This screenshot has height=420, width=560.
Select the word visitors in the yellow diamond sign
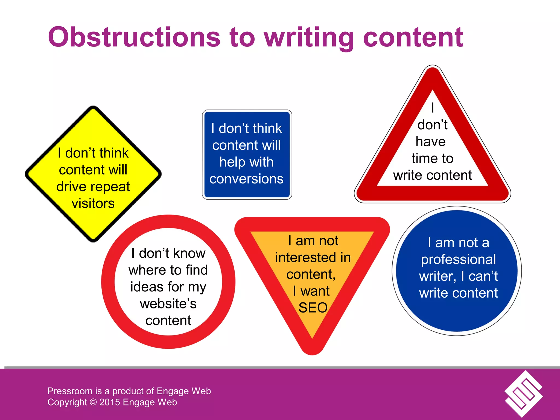pos(93,203)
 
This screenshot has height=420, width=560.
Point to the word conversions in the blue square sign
pos(246,179)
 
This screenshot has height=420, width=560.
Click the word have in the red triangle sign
pos(430,142)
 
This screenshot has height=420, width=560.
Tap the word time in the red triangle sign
pos(423,158)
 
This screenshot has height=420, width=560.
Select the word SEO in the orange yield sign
pos(313,308)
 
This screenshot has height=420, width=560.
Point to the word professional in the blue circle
pos(458,259)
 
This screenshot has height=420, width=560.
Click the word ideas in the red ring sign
pos(147,287)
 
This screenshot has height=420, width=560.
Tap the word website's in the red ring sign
pos(168,304)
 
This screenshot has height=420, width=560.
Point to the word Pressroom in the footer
pos(70,391)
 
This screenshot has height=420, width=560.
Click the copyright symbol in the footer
pos(93,402)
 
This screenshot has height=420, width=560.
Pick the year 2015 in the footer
pos(109,402)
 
